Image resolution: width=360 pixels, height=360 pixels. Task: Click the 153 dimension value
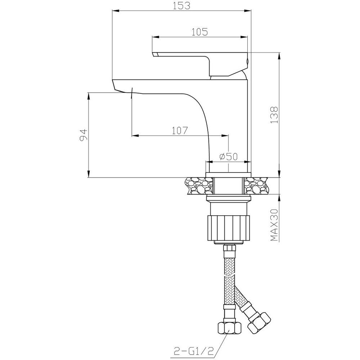coord(181,5)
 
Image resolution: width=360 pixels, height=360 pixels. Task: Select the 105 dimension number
coord(199,32)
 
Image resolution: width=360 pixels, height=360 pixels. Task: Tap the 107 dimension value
coord(180,131)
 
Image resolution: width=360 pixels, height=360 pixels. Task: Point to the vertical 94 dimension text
coord(84,135)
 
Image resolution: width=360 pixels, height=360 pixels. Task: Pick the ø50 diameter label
coord(228,157)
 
